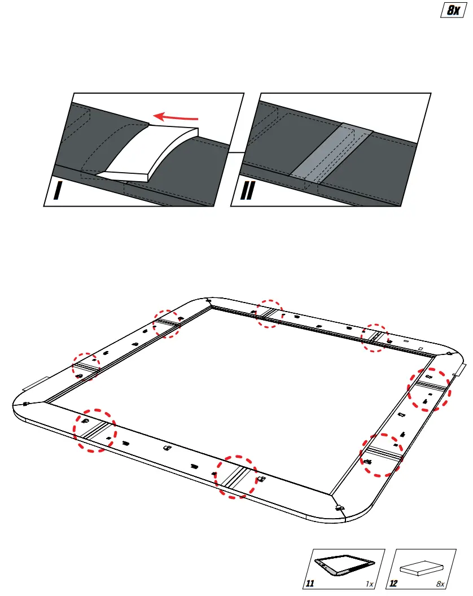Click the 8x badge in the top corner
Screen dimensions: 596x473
pos(452,10)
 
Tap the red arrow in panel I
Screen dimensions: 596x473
pos(177,117)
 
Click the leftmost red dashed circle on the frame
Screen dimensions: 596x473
pos(86,366)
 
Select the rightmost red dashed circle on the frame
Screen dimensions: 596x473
pos(430,389)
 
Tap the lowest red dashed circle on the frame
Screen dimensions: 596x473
pos(236,476)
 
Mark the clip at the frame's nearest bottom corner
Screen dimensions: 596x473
pos(340,506)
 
